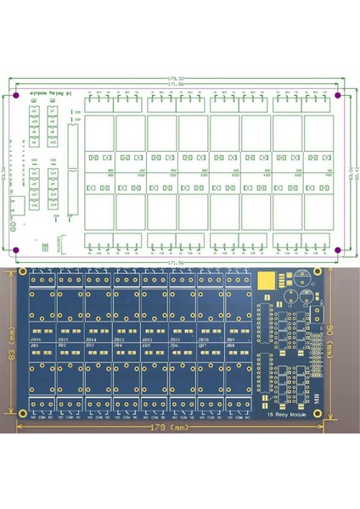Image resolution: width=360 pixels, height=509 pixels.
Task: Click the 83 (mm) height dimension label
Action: tap(11, 344)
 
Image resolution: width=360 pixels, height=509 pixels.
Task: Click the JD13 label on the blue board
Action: tap(119, 339)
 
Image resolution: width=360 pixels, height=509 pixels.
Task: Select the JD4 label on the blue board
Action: tap(119, 346)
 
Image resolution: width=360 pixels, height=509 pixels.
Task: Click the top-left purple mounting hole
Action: tap(16, 97)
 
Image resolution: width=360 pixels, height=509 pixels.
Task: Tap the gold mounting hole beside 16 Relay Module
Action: tap(323, 412)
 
